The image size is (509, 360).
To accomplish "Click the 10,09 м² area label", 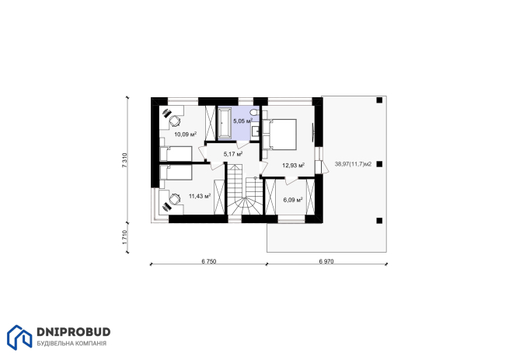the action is (x=186, y=134).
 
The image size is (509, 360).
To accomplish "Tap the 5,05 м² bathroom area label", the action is (x=242, y=121).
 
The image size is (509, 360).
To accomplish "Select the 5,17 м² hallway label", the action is (x=233, y=154).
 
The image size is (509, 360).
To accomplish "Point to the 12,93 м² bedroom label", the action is (x=293, y=166).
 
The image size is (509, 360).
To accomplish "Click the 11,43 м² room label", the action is (x=200, y=196).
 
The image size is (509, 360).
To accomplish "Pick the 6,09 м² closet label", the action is (x=293, y=200).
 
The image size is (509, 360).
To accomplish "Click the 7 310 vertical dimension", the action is (x=124, y=160).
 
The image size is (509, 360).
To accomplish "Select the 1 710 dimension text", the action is (x=124, y=237).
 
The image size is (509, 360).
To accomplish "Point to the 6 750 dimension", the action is (x=209, y=261).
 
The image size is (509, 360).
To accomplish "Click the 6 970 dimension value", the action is (x=326, y=261).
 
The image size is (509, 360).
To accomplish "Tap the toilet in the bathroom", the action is (x=254, y=112).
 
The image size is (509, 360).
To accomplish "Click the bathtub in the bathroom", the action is (x=223, y=123).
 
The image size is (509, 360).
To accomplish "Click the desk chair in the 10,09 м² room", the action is (x=174, y=121).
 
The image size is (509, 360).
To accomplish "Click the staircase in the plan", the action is (x=245, y=190).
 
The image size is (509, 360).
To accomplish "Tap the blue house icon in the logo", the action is (x=19, y=337).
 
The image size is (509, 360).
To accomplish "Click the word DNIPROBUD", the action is (x=74, y=332).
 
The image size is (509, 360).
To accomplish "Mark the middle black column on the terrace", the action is (x=379, y=164).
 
